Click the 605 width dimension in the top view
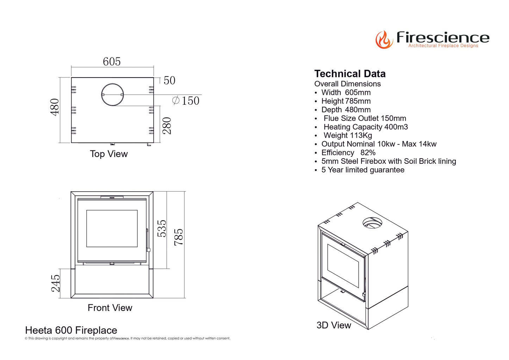pos(112,62)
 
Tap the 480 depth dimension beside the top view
pos(55,107)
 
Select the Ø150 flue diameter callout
pos(186,101)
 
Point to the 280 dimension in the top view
pos(167,126)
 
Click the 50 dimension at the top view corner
pos(169,81)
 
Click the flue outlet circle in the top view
pos(113,95)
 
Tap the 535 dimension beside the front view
pos(162,229)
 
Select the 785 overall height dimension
pos(179,237)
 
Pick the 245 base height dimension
pos(56,284)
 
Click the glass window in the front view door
pos(112,229)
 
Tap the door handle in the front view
pos(148,241)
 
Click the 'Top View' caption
pos(108,154)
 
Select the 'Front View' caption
pos(110,308)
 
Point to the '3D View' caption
pos(334,325)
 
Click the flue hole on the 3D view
pos(372,223)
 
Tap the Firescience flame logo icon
pos(384,39)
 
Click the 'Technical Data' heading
pos(350,74)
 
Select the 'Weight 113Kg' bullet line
pos(348,136)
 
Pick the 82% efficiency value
pos(368,153)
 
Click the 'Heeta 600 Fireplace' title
pos(71,330)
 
